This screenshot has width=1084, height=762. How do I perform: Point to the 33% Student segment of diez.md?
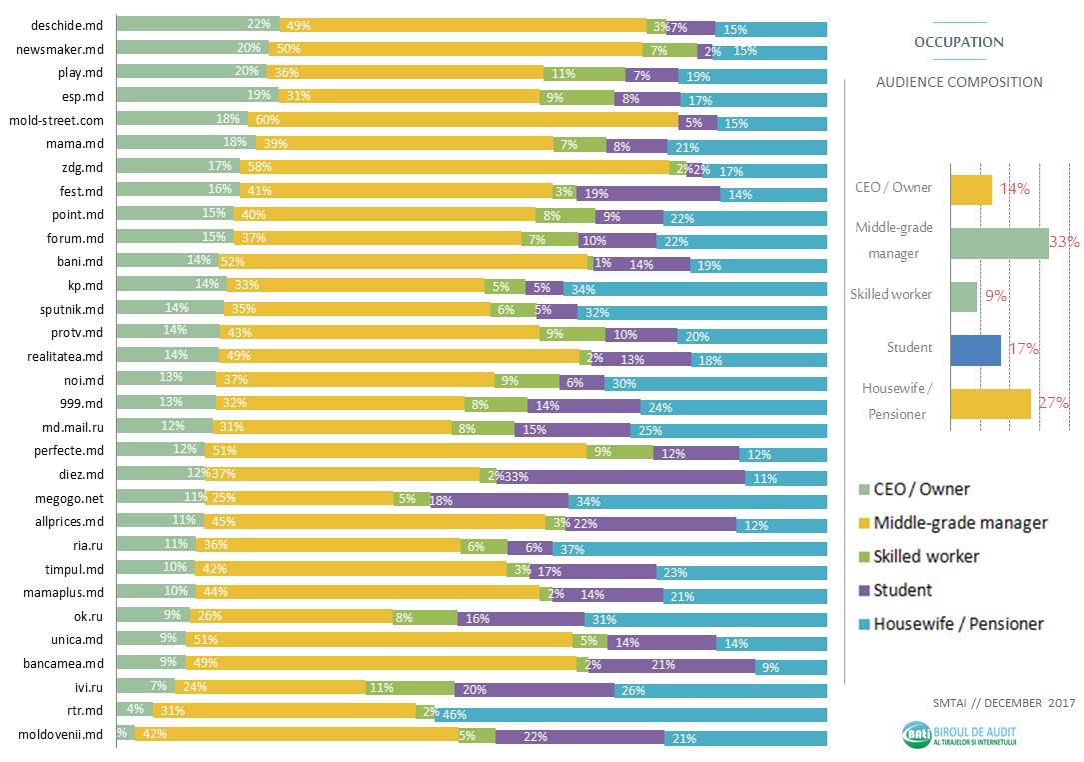[x=621, y=476]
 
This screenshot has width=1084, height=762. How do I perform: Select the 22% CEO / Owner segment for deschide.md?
[x=198, y=25]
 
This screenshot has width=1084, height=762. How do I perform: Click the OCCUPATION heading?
[x=959, y=42]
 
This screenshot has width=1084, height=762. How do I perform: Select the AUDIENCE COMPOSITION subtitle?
[x=959, y=82]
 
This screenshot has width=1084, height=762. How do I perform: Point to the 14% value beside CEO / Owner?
[x=1014, y=188]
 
